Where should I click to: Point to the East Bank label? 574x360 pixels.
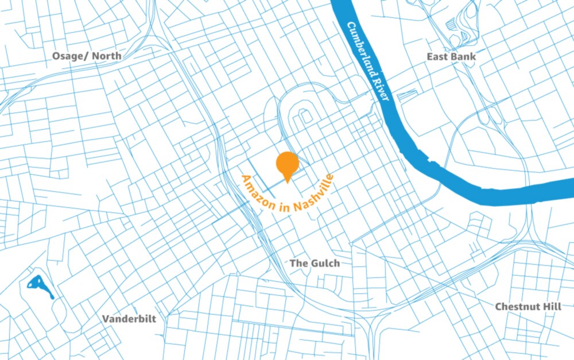point(451,57)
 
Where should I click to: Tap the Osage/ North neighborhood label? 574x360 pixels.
point(87,56)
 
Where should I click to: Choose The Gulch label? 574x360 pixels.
point(315,263)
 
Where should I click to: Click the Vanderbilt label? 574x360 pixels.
point(129,319)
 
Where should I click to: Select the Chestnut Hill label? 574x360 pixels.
point(528,307)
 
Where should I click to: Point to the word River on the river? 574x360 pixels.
point(382,88)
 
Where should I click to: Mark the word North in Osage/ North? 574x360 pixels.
point(107,56)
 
